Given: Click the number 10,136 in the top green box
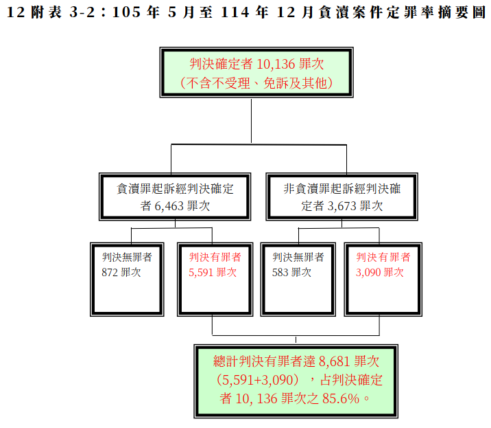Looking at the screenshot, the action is pos(276,64).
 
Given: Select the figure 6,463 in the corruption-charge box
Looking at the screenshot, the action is pos(169,206).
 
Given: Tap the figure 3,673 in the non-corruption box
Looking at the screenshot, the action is pos(342,206).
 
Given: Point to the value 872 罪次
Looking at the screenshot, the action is pos(121,272).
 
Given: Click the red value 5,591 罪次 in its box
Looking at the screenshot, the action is pos(213,272).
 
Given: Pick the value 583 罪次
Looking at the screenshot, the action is pos(291,272).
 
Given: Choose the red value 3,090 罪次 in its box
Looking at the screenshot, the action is pos(379,272).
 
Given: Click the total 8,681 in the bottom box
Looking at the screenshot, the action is pos(334,361).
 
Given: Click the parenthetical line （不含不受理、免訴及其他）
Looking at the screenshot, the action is pos(256,83).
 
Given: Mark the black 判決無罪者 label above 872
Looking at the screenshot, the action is pos(127,258).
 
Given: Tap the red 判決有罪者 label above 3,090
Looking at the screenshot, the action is pos(383,258).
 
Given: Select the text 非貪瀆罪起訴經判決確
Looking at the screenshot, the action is pos(342,189).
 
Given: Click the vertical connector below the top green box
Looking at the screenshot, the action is pos(251,121).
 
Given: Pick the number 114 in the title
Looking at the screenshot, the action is pos(235,12).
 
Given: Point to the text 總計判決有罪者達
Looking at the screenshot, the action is pos(264,361).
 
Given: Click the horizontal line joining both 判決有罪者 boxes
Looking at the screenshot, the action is pos(296,335).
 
